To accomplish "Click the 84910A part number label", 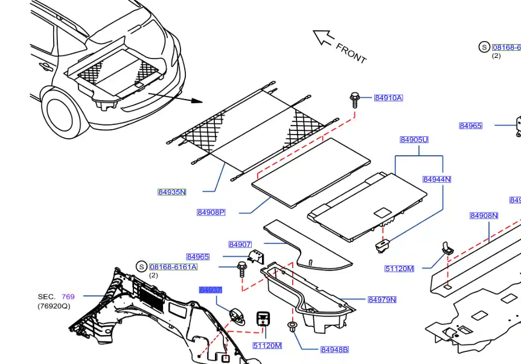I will tap(388, 98).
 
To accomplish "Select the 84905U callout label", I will tap(414, 140).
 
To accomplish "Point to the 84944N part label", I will tap(436, 179).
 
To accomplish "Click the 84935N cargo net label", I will tap(172, 192).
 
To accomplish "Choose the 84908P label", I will tap(211, 212).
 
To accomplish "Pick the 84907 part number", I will tap(240, 244).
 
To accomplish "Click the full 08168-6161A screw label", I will tap(173, 267).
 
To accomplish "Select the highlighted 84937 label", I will tap(211, 290).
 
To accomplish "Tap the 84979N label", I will tap(382, 299).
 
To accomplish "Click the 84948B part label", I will tap(334, 350).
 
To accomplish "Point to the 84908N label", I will tap(484, 216).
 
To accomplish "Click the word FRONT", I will tap(351, 53).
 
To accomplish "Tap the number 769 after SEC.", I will tap(68, 296).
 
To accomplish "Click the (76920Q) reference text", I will tap(54, 306).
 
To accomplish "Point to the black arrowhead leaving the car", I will tap(196, 101).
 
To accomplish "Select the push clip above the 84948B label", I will tap(293, 328).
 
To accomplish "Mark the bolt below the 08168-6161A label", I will tap(242, 267).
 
